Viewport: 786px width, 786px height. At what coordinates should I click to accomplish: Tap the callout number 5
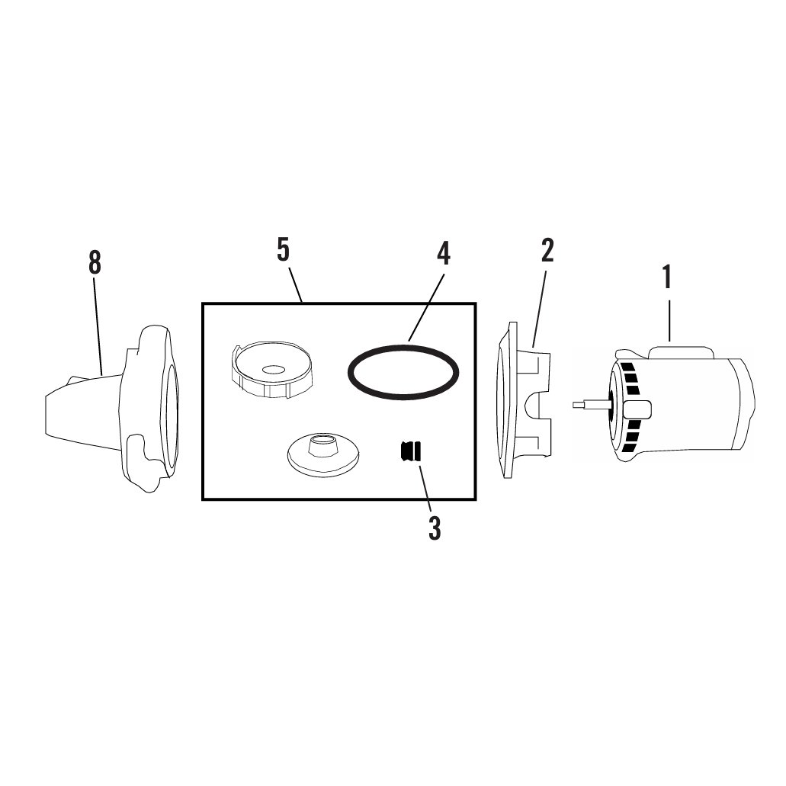[x=284, y=250]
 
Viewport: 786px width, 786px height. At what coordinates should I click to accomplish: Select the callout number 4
[x=443, y=254]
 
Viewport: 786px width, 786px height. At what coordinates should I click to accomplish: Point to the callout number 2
[x=547, y=250]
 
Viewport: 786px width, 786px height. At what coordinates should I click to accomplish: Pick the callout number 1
[x=667, y=277]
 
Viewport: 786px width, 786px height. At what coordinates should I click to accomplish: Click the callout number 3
[x=435, y=528]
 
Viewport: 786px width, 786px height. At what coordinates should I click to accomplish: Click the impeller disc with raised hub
[x=323, y=454]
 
